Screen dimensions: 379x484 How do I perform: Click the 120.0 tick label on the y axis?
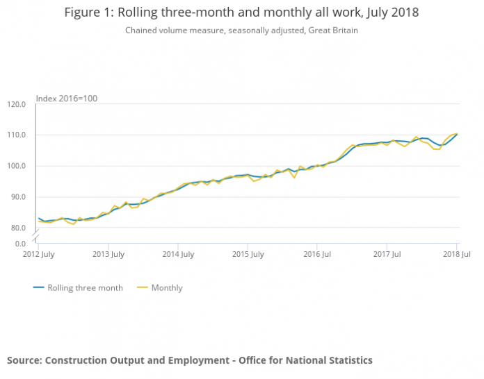click(17, 105)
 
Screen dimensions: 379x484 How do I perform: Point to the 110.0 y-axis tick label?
click(17, 135)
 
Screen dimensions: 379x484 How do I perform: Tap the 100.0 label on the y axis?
click(17, 167)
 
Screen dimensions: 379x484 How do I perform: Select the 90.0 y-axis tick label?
click(18, 197)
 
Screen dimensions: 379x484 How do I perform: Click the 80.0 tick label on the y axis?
click(18, 228)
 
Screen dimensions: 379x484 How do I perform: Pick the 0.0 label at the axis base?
click(20, 244)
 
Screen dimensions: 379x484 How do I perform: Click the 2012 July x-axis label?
click(38, 255)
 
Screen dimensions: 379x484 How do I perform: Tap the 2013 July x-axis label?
click(108, 255)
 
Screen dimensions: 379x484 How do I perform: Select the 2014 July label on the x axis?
click(177, 255)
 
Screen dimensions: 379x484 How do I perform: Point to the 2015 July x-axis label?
click(248, 255)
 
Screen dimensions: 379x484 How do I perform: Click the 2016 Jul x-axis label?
click(316, 255)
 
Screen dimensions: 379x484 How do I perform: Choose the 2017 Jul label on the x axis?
click(387, 255)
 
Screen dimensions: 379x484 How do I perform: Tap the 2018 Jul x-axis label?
click(457, 255)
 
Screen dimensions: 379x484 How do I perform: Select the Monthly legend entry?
click(166, 287)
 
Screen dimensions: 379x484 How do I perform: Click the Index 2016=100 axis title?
click(66, 98)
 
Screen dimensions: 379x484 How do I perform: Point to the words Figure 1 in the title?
click(88, 12)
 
